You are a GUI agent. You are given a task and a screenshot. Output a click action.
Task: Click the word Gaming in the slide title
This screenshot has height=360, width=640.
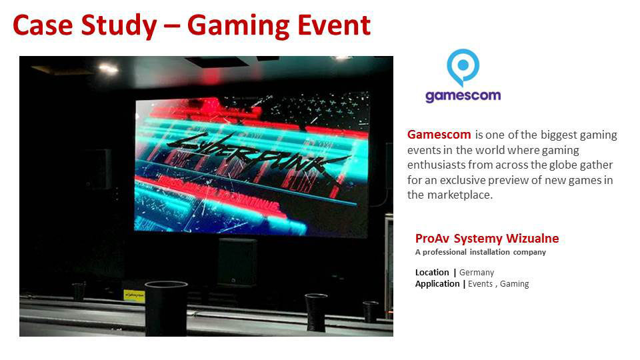(x=238, y=26)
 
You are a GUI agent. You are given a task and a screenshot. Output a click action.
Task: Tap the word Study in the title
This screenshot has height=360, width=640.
(x=119, y=26)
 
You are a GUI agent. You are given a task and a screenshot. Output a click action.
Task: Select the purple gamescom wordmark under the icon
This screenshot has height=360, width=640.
(x=463, y=96)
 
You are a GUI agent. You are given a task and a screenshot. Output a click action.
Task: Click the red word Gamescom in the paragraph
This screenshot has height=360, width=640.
(x=439, y=135)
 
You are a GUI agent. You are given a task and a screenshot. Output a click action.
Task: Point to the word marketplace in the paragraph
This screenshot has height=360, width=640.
(x=460, y=195)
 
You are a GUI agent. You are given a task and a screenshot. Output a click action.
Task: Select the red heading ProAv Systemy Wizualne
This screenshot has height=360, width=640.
(x=487, y=239)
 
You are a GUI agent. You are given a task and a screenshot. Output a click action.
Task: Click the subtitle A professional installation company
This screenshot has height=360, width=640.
(x=481, y=252)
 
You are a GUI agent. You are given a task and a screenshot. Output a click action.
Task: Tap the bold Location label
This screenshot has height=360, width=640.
(x=432, y=272)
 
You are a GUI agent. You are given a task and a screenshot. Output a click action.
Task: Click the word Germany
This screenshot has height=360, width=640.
(x=477, y=272)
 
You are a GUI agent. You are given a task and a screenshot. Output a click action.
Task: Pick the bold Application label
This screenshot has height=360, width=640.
(x=437, y=284)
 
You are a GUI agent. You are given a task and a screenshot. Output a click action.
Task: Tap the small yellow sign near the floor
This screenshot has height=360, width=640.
(x=134, y=295)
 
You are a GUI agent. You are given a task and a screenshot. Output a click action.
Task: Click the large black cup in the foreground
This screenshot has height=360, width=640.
(x=166, y=308)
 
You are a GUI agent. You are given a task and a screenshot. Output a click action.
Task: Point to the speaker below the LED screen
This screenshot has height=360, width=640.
(x=237, y=261)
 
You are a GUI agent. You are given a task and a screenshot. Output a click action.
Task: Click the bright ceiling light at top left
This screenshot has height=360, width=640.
(x=108, y=68)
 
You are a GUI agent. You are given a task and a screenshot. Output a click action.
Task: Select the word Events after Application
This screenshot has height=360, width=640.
(x=480, y=284)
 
